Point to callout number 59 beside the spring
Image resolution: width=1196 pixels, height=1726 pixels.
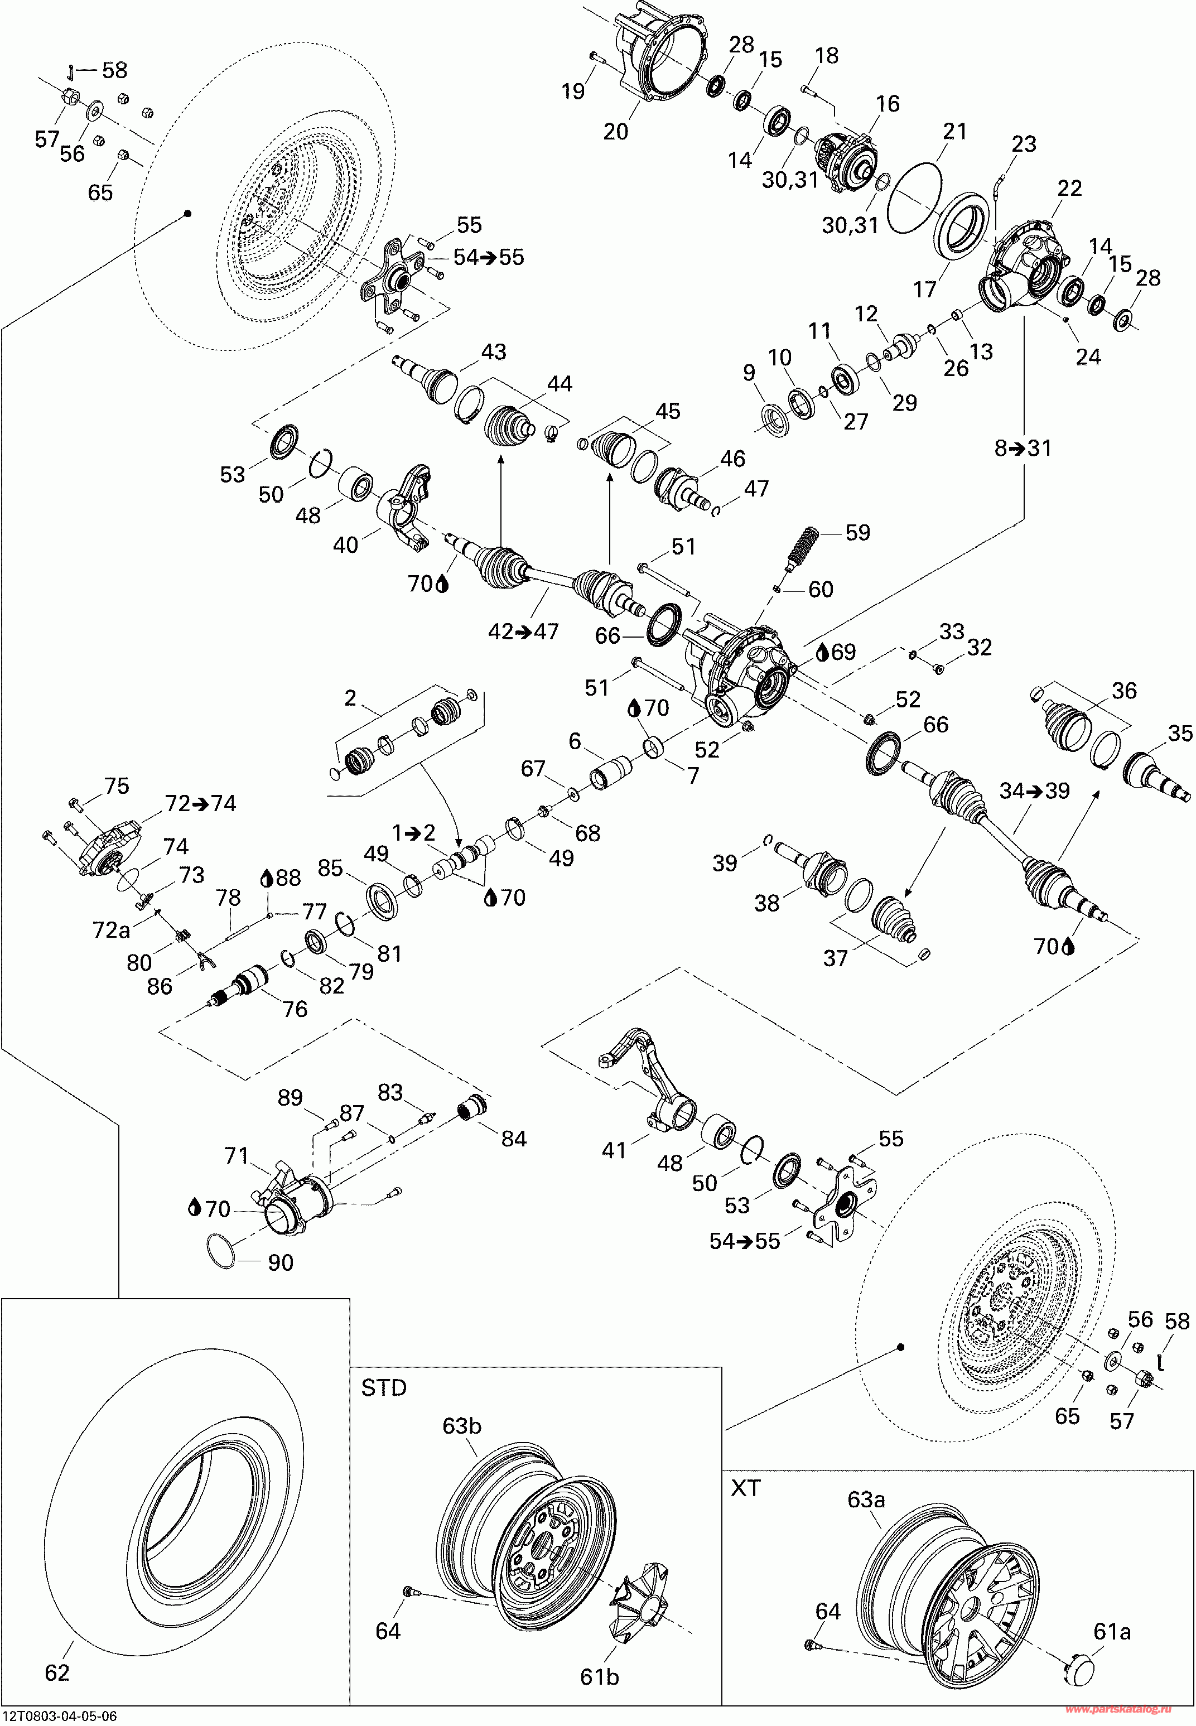tap(857, 533)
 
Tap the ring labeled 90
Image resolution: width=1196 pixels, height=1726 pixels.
tap(220, 1252)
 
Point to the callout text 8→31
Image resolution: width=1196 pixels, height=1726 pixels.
tap(1023, 448)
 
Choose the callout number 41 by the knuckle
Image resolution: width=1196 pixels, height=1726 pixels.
tap(614, 1150)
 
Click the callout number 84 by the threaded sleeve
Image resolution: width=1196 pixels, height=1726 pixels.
tap(513, 1139)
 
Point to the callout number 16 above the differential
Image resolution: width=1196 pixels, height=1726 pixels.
tap(888, 104)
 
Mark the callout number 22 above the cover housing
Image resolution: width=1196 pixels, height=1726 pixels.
tap(1069, 188)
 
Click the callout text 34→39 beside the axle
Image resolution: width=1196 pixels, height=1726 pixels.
tap(1034, 790)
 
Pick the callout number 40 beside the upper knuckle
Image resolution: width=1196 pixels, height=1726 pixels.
tap(345, 545)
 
